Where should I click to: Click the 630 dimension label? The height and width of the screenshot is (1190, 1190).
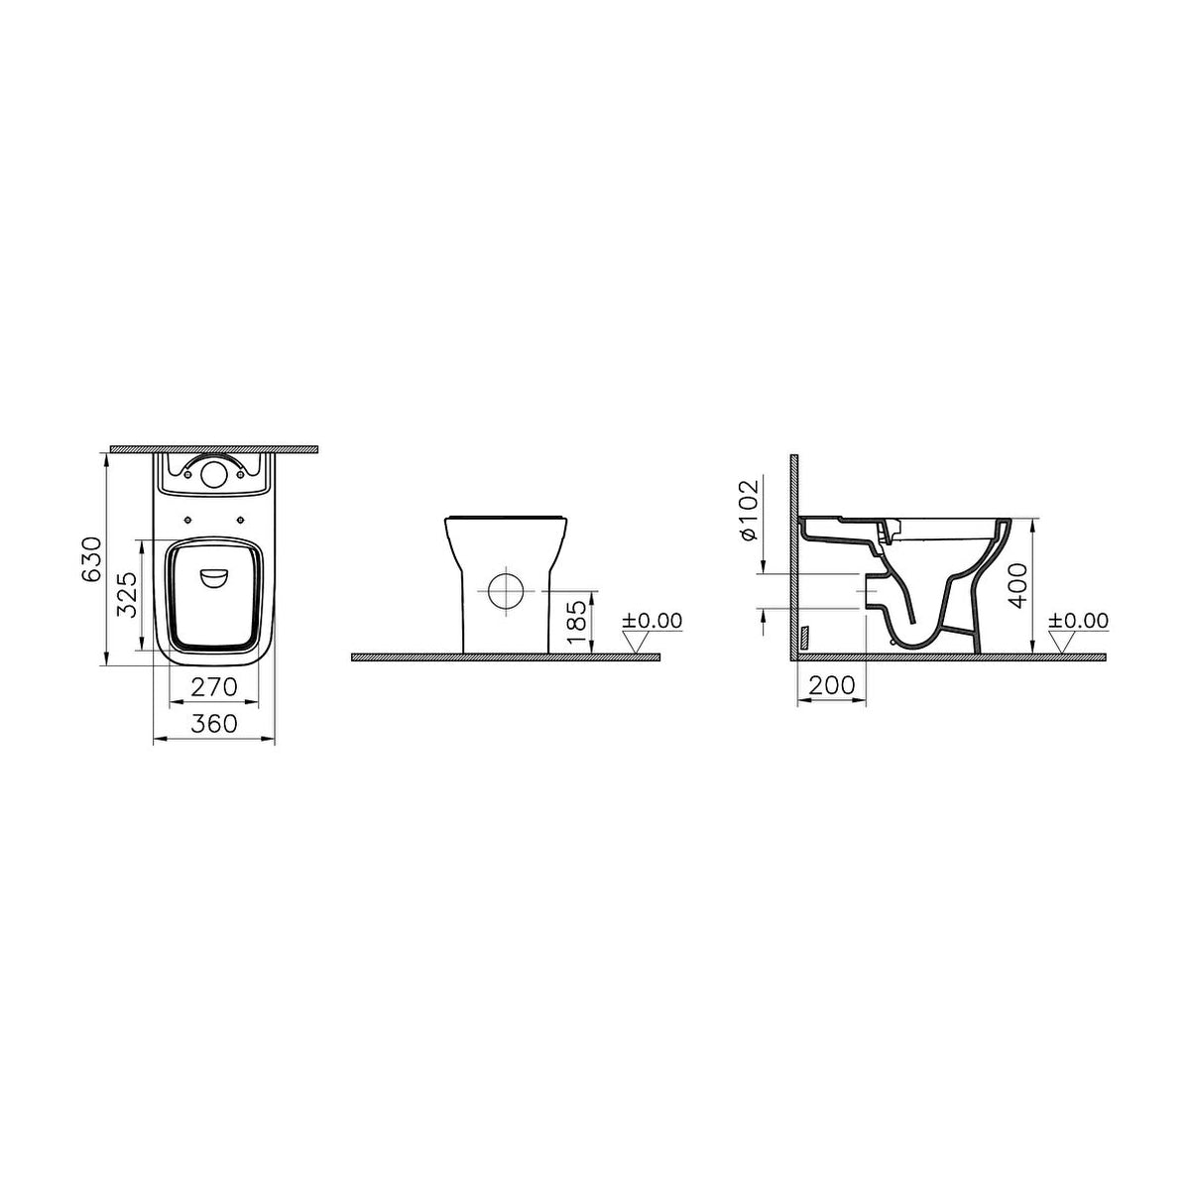coord(91,559)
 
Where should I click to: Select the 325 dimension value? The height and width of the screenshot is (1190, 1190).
coord(127,595)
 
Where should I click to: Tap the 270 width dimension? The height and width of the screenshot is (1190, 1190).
coord(213,686)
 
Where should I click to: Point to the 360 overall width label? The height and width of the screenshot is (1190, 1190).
coord(213,724)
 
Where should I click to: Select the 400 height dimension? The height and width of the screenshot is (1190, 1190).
coord(1019,585)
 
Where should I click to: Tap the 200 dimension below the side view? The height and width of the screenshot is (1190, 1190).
coord(832,685)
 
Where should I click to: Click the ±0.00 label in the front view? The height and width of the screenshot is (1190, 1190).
coord(653,620)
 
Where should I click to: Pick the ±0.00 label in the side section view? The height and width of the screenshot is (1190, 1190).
coord(1078,620)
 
